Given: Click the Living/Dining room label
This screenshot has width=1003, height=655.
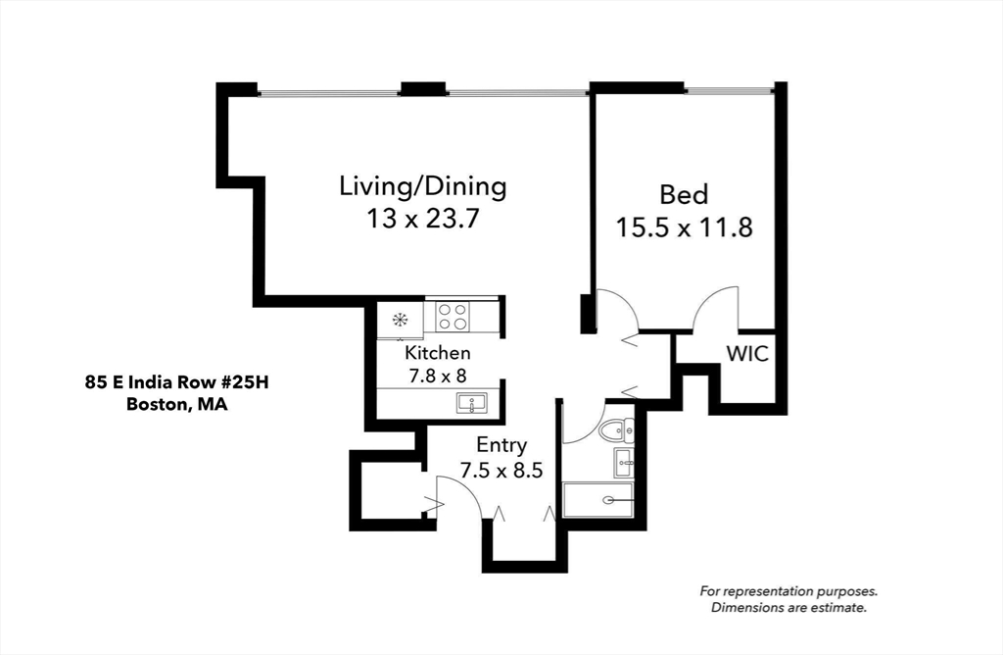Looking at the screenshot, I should click(422, 185).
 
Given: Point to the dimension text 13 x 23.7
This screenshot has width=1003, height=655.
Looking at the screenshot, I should click(422, 218).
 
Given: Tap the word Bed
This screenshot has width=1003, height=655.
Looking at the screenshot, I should click(683, 194).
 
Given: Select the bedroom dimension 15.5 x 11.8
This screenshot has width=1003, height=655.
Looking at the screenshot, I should click(684, 227).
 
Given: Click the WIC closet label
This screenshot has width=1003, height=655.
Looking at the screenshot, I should click(746, 353).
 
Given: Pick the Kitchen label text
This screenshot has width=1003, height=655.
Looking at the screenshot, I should click(438, 352).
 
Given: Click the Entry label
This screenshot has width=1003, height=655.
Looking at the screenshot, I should click(501, 445).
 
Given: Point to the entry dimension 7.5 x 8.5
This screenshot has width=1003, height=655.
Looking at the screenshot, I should click(501, 470).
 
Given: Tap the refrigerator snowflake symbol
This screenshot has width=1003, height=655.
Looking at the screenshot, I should click(400, 319).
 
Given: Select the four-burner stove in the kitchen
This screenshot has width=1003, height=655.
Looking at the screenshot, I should click(452, 317).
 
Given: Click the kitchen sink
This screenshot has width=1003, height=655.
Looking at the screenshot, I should click(471, 403).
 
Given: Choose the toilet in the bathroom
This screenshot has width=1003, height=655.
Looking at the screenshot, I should click(617, 429).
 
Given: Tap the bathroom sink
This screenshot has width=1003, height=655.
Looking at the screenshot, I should click(623, 462).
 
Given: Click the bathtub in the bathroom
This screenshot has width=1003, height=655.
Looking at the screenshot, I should click(597, 499).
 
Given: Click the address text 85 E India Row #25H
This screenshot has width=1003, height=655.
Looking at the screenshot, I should click(175, 382).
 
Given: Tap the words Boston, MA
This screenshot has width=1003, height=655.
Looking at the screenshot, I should click(176, 403).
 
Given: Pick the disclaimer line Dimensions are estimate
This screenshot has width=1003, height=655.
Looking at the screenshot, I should click(788, 608).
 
